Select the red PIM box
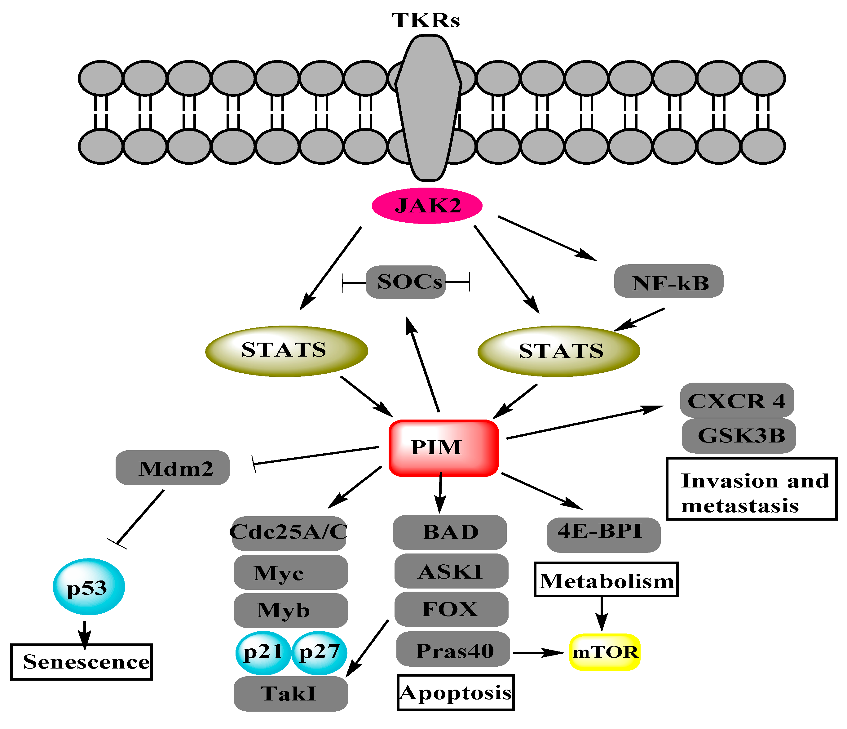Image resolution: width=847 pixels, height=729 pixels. point(443,448)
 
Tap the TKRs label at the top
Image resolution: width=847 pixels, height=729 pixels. point(426,20)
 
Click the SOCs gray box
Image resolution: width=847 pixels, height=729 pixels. point(405,282)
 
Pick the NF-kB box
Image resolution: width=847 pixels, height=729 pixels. point(668,282)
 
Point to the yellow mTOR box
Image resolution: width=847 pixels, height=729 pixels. point(605,652)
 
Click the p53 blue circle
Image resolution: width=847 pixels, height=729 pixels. point(89,587)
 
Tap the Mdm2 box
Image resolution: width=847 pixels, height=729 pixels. point(173,468)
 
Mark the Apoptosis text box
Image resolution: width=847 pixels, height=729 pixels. point(455,693)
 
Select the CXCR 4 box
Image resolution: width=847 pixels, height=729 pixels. point(737,400)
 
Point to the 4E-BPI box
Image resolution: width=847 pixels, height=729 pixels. point(603,534)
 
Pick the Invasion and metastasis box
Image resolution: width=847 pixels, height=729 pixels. point(751,489)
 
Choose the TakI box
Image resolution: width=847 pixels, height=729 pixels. point(290,694)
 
